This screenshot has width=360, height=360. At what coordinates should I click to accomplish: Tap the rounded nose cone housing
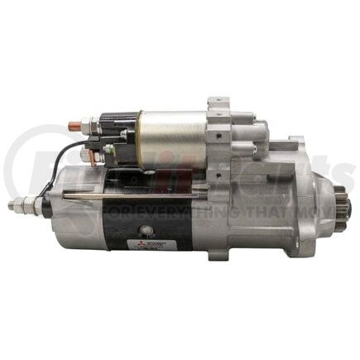[x=319, y=202]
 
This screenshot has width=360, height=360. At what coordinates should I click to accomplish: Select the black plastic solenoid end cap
[x=116, y=137]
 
